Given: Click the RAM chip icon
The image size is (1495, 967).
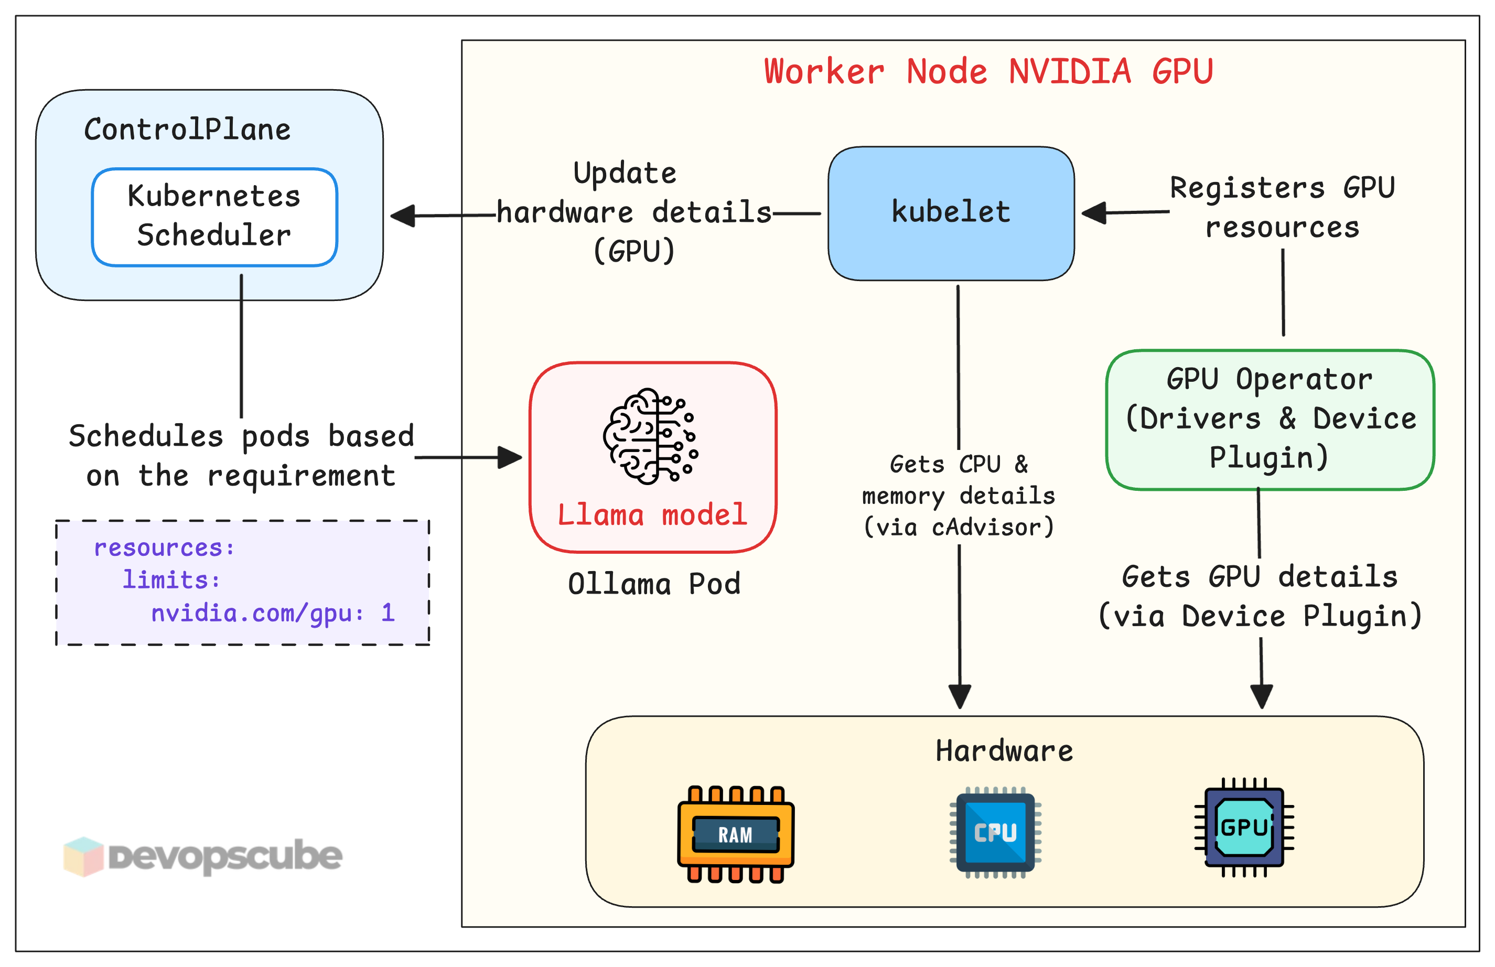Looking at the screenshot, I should (735, 834).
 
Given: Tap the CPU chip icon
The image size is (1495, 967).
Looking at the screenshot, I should (995, 832).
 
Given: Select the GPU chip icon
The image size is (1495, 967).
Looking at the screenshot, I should (1244, 827).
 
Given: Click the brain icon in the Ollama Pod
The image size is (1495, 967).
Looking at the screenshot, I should (651, 436).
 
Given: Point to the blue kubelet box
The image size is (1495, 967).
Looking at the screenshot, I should (951, 213).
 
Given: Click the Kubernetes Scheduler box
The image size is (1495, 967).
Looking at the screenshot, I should (214, 216).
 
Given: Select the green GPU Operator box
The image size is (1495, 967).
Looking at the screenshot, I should (1270, 419).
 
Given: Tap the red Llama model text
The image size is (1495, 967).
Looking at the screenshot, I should (652, 515).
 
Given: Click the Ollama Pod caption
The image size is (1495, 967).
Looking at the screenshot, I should (653, 584).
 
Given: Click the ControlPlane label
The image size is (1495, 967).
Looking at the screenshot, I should (187, 130).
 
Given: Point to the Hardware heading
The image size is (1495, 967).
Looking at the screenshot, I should (1004, 751).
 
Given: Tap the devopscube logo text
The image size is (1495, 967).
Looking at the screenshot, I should (225, 856).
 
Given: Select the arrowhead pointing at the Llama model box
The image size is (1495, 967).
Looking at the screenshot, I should (509, 457).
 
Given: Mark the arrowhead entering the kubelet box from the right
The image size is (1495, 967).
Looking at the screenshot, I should (1094, 213).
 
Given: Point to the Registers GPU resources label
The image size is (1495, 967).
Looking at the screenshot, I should (1282, 207).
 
